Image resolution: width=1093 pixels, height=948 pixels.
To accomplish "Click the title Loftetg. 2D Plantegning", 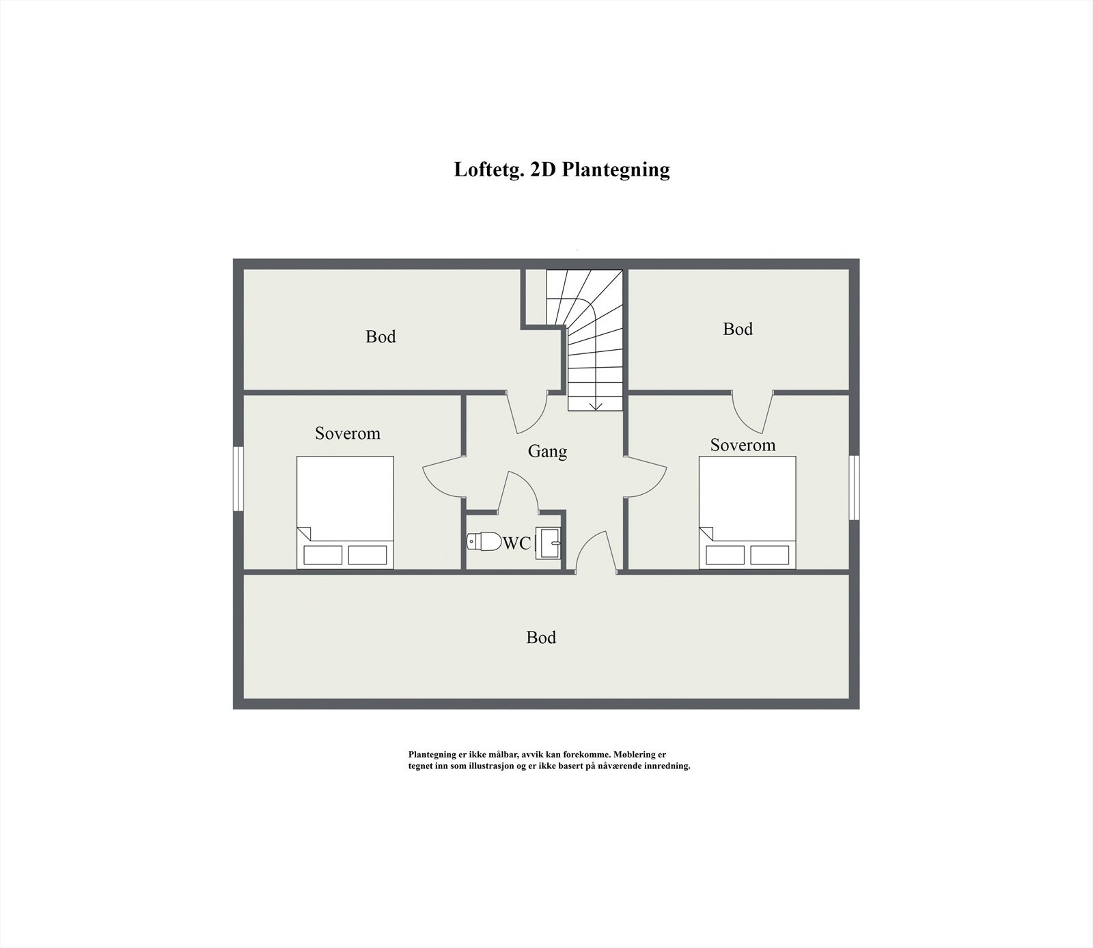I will pos(562,170).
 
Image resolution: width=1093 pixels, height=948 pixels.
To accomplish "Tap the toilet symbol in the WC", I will pos(484,541).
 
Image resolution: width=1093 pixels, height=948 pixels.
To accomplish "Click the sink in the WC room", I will pos(549,543).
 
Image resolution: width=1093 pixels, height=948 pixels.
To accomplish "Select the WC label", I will pos(516,543).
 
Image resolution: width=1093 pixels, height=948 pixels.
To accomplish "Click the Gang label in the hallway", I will pos(547,452).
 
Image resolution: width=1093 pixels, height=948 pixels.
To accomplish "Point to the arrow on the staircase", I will pos(596,405).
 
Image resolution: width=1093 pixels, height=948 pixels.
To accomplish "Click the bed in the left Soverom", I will pos(345,512).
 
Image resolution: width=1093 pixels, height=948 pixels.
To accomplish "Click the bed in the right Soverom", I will pos(747,512).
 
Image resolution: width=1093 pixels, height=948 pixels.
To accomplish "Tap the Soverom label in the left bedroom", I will pos(347,433).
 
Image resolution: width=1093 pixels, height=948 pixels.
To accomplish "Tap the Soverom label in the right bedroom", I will pos(743,446).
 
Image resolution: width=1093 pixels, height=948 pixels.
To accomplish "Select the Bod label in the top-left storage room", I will pos(381,337).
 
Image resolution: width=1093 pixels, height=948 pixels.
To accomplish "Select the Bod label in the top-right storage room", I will pos(738,329).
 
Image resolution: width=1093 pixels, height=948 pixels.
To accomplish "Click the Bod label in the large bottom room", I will pos(541,638).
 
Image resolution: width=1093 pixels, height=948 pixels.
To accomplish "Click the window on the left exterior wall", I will pos(238,478).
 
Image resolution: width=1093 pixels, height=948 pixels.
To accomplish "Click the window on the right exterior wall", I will pos(854,487).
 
